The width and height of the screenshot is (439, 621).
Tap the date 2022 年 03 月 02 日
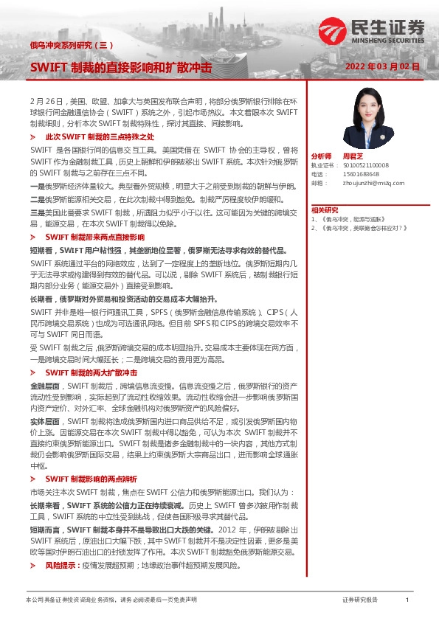pyautogui.click(x=382, y=66)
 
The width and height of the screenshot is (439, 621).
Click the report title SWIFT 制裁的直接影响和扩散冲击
pyautogui.click(x=120, y=67)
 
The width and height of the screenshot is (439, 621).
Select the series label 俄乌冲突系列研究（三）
pyautogui.click(x=71, y=45)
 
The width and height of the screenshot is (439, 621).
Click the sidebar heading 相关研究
pyautogui.click(x=324, y=210)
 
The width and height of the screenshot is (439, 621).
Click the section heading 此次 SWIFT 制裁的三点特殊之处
pyautogui.click(x=99, y=137)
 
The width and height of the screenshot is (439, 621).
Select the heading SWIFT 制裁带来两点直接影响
pyautogui.click(x=95, y=238)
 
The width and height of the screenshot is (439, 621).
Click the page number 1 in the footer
pyautogui.click(x=407, y=600)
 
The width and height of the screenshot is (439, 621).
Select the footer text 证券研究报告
pyautogui.click(x=359, y=600)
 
